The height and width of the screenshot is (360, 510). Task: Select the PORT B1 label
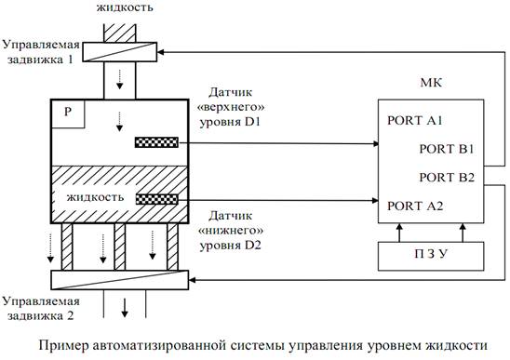point(447,148)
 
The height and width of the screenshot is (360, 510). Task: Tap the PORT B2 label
point(447,176)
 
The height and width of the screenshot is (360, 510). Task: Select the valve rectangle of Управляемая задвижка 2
point(120,279)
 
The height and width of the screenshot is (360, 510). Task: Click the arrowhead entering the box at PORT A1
point(373,142)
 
